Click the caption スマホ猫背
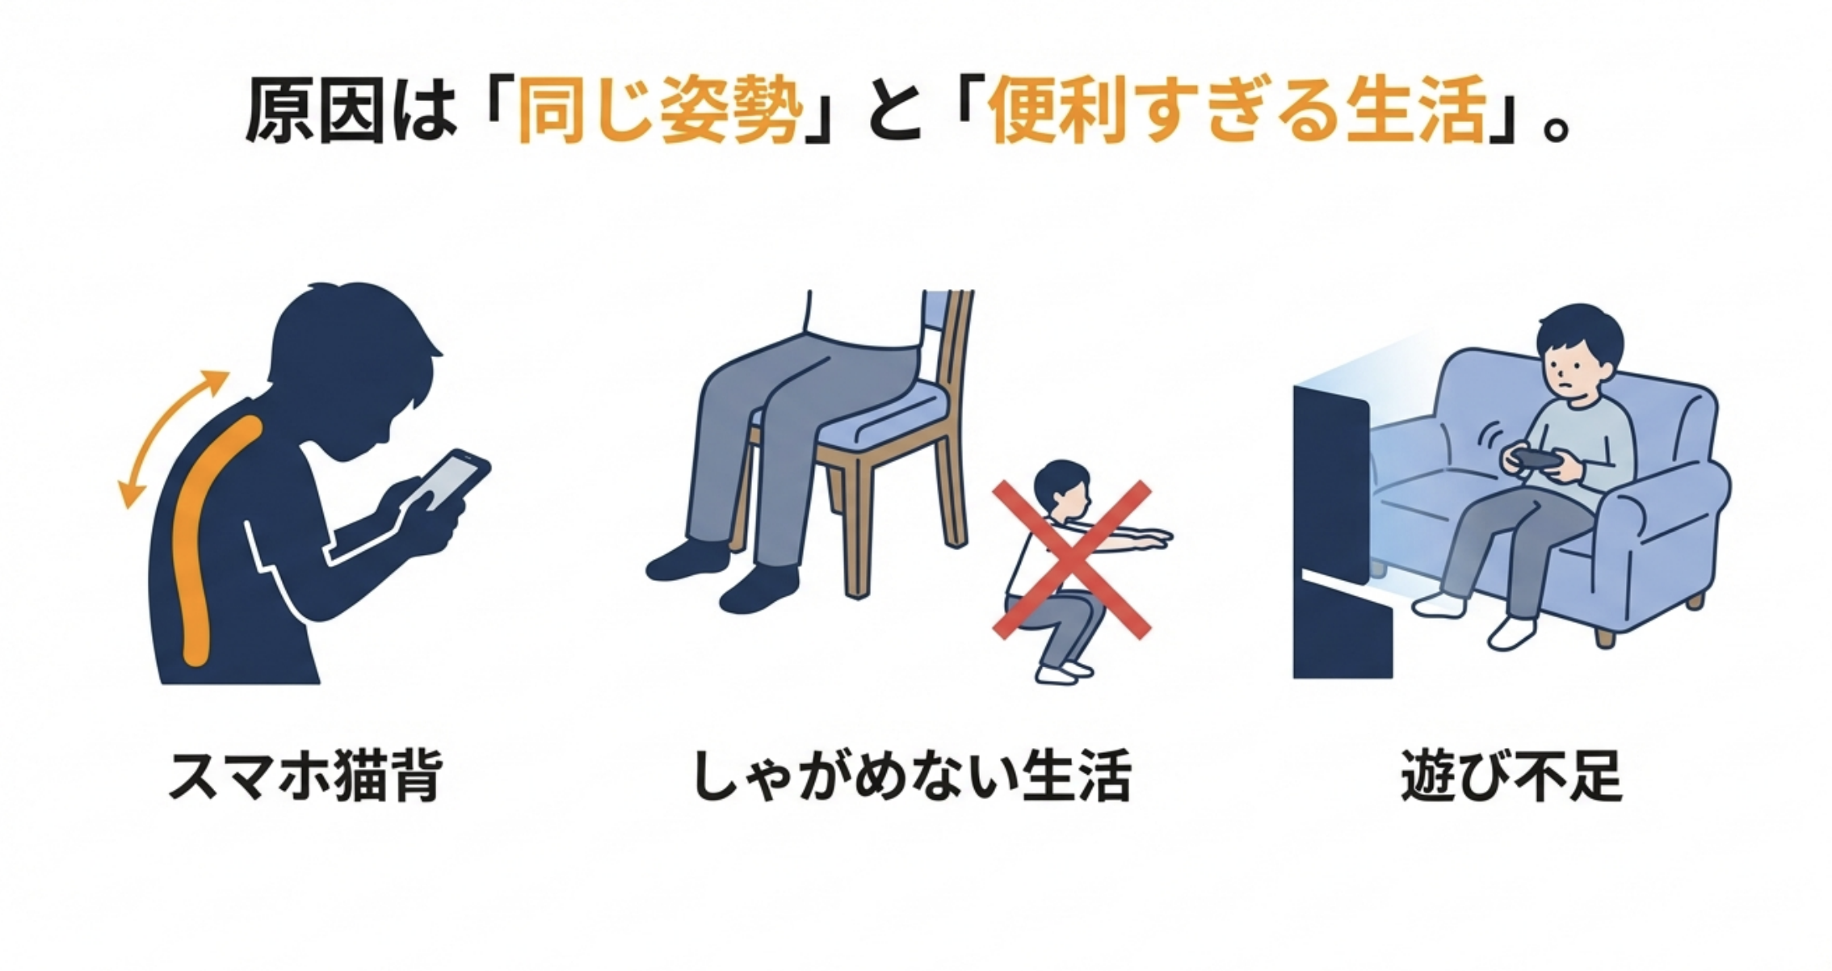(x=305, y=776)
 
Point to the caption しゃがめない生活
(x=912, y=776)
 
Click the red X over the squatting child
(x=1071, y=561)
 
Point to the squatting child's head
(x=1061, y=490)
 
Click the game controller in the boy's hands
(x=1532, y=459)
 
